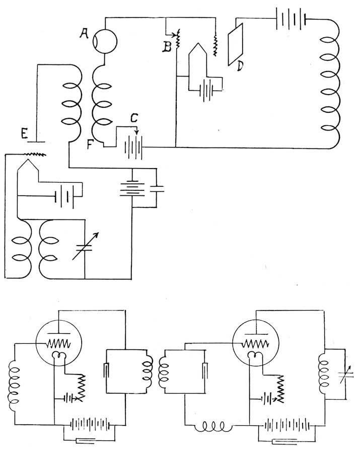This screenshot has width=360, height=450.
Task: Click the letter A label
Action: coord(84,33)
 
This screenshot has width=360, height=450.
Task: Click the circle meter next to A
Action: coord(106,40)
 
